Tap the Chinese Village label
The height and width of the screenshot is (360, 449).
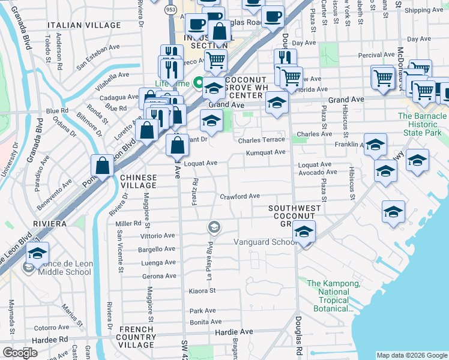(x=139, y=182)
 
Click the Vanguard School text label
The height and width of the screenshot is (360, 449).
(x=265, y=242)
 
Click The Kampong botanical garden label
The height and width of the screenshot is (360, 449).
(x=334, y=296)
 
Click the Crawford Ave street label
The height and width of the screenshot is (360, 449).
(x=240, y=196)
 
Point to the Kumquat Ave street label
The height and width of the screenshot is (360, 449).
(x=265, y=152)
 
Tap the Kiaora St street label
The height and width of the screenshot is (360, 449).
(x=202, y=290)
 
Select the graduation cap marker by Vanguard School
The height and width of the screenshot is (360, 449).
(x=304, y=232)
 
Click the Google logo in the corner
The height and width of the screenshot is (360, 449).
(x=20, y=353)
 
